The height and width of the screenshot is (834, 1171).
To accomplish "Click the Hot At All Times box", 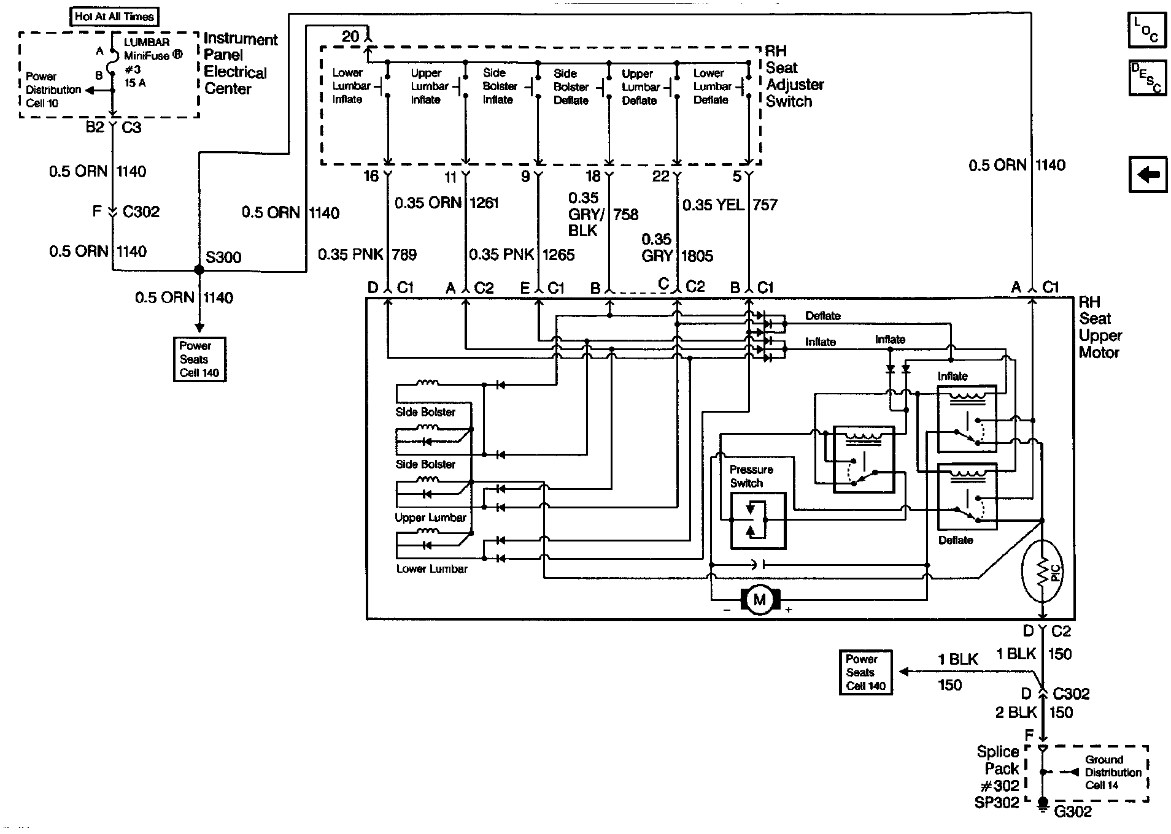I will (x=114, y=17).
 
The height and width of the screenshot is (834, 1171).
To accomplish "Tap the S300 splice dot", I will (x=199, y=270).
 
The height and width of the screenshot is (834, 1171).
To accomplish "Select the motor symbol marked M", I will (x=760, y=599).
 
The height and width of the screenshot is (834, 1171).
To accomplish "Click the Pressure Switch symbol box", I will (x=757, y=521).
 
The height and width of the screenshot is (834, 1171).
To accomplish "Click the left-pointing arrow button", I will (x=1148, y=175).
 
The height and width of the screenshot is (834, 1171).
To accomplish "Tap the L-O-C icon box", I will (x=1146, y=30).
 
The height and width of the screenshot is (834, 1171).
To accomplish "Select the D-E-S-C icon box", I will (x=1146, y=78).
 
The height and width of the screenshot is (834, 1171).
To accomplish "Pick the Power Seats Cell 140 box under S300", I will (x=199, y=359).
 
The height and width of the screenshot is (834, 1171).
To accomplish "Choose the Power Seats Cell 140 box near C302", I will (x=865, y=673).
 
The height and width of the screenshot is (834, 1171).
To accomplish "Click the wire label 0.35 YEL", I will (x=713, y=205).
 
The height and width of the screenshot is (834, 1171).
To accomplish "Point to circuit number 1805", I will (x=697, y=256).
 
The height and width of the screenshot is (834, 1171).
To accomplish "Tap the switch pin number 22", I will (x=660, y=177).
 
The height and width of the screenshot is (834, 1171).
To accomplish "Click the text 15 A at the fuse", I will (x=135, y=83).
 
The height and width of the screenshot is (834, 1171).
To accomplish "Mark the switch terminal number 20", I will (x=350, y=37).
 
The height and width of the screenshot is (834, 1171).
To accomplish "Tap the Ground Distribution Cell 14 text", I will (x=1113, y=772).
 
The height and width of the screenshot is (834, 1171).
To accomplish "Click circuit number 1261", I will (x=485, y=203).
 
